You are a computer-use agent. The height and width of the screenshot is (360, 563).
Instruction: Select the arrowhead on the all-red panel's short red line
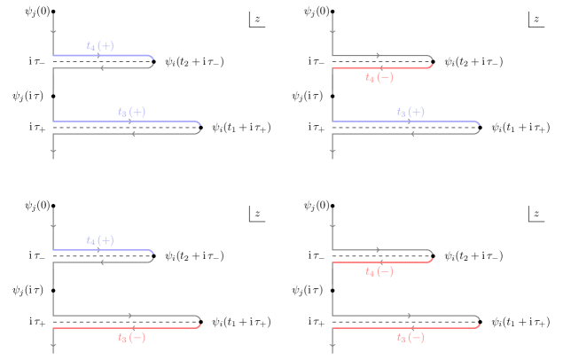[x=379, y=262]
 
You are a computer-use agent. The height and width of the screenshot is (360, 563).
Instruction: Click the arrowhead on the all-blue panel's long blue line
[x=132, y=121]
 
